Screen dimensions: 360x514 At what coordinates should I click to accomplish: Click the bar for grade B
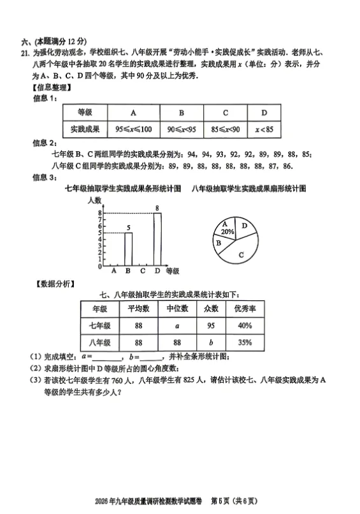click(128, 249)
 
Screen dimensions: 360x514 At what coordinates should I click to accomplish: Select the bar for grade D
click(157, 240)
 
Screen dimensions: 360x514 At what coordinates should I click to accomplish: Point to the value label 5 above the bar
click(128, 228)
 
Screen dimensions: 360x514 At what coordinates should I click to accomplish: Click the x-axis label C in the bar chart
click(142, 271)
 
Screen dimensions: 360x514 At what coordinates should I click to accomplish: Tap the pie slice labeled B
click(219, 243)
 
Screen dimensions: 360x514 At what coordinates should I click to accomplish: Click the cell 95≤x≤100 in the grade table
click(133, 129)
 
